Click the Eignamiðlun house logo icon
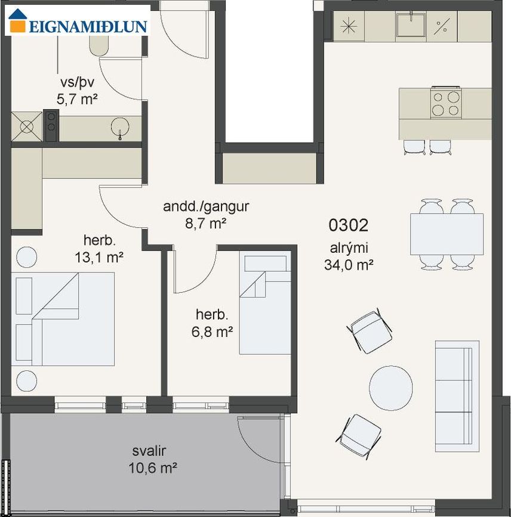tap(18, 21)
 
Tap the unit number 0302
tap(348, 225)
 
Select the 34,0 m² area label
tap(349, 265)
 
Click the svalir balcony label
tap(149, 451)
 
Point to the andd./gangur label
tap(206, 207)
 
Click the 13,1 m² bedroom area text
tap(99, 258)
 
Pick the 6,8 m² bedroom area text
tap(213, 332)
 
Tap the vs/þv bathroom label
tap(77, 82)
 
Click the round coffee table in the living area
tap(391, 388)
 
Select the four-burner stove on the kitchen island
tap(446, 103)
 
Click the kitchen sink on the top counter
tap(411, 25)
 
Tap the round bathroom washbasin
tap(120, 127)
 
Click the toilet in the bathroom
tap(98, 45)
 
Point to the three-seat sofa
tap(457, 396)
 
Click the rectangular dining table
tap(447, 234)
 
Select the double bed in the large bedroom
tap(63, 319)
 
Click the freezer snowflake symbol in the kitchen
tap(349, 26)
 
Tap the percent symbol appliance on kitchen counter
tap(441, 26)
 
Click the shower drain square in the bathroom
tap(27, 127)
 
